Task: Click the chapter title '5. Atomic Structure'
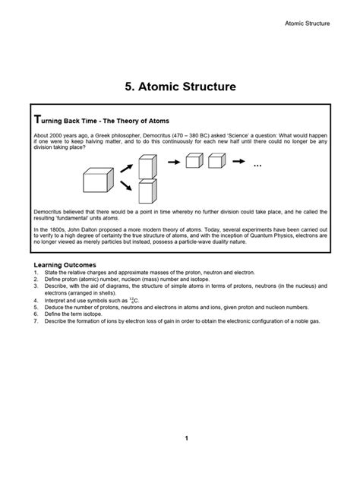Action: [180, 87]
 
